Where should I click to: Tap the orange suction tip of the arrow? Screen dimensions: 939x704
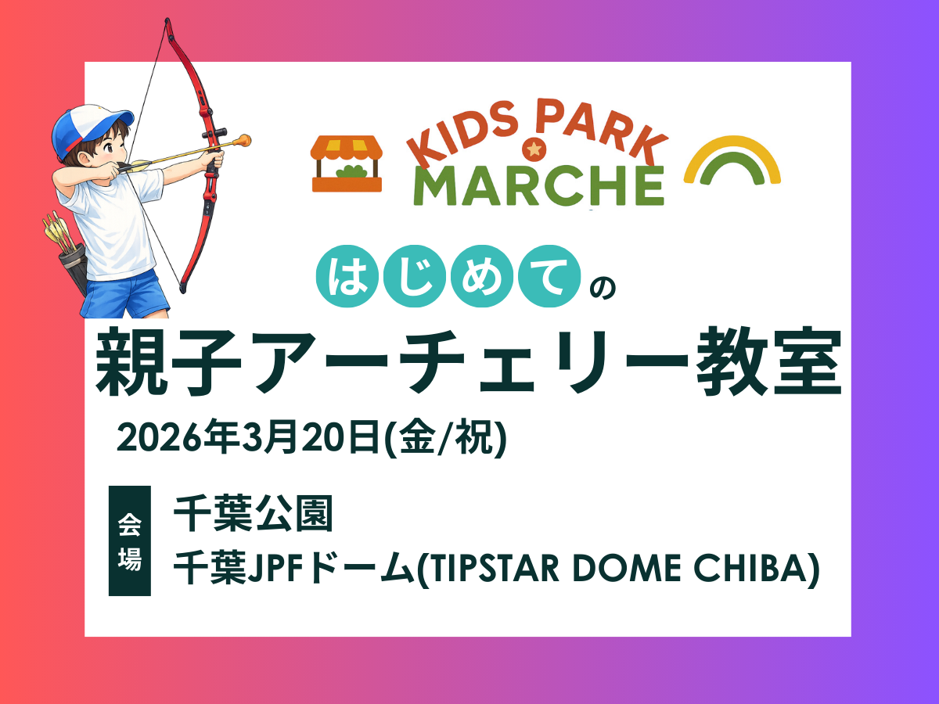pyautogui.click(x=244, y=140)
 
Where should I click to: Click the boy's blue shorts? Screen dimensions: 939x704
pyautogui.click(x=124, y=295)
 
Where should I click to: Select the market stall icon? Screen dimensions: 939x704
pyautogui.click(x=347, y=163)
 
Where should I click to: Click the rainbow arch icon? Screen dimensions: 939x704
pyautogui.click(x=732, y=160)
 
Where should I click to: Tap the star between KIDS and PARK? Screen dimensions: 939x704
pyautogui.click(x=534, y=149)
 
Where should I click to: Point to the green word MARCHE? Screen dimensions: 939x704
pyautogui.click(x=538, y=186)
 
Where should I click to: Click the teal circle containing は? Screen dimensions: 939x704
pyautogui.click(x=347, y=276)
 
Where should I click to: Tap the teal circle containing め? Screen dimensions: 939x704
pyautogui.click(x=482, y=276)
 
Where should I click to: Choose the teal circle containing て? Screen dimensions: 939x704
pyautogui.click(x=549, y=276)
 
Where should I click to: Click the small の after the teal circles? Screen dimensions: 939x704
pyautogui.click(x=603, y=288)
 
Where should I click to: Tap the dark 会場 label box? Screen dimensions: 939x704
pyautogui.click(x=130, y=541)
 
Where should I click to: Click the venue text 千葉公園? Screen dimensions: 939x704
pyautogui.click(x=254, y=513)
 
